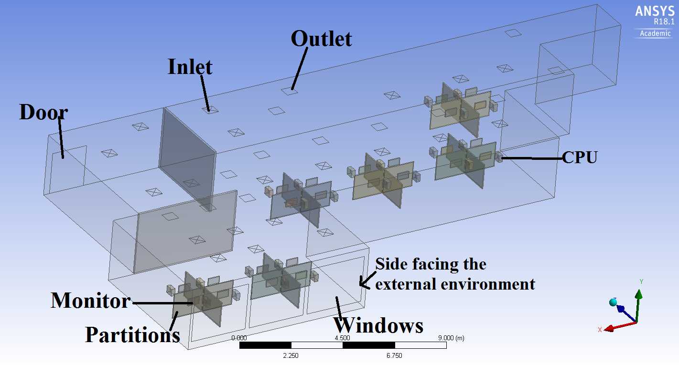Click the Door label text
pyautogui.click(x=43, y=112)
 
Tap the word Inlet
pyautogui.click(x=190, y=67)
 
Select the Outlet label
pyautogui.click(x=321, y=39)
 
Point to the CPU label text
pyautogui.click(x=580, y=157)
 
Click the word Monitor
pyautogui.click(x=91, y=301)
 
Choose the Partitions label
pyautogui.click(x=132, y=335)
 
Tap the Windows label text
pyautogui.click(x=378, y=326)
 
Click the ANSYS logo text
pyautogui.click(x=655, y=11)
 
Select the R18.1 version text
pyautogui.click(x=664, y=22)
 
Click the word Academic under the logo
pyautogui.click(x=655, y=33)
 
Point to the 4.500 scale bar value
pyautogui.click(x=342, y=338)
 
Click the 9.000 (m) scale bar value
pyautogui.click(x=451, y=338)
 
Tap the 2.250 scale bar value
pyautogui.click(x=291, y=355)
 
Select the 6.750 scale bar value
pyautogui.click(x=394, y=355)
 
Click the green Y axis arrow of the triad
pyautogui.click(x=638, y=306)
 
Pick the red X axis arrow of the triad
pyautogui.click(x=620, y=327)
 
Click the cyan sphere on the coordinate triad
pyautogui.click(x=613, y=302)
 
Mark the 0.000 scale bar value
pyautogui.click(x=239, y=338)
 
